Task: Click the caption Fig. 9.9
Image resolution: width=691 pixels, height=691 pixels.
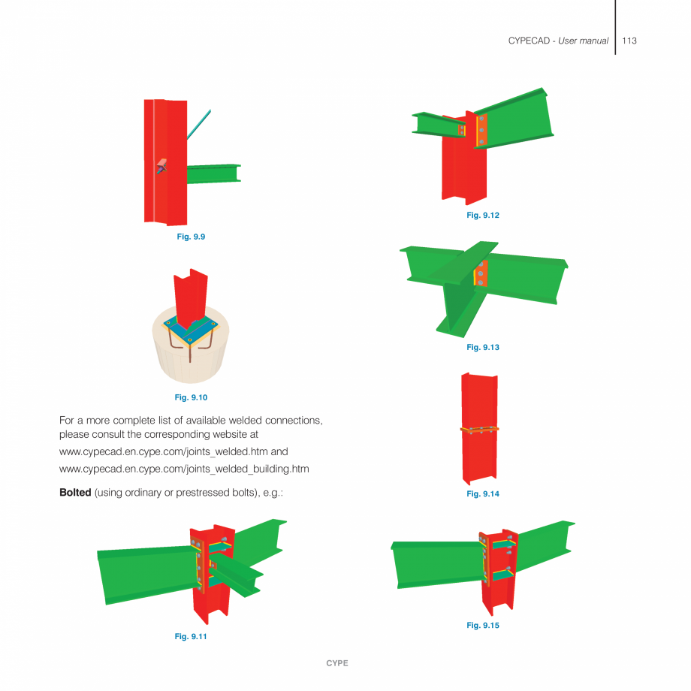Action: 190,237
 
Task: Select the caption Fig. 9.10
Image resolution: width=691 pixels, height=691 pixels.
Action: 190,397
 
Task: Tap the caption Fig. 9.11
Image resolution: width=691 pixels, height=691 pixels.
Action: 190,636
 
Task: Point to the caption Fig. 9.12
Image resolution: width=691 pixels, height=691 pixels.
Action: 482,216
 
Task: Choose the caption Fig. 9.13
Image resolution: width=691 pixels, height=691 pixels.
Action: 482,347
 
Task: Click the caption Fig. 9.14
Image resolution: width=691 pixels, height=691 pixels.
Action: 482,493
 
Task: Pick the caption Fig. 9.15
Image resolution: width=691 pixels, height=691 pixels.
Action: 482,625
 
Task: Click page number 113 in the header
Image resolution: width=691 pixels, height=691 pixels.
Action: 629,41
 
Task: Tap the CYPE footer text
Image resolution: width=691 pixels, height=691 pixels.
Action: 336,663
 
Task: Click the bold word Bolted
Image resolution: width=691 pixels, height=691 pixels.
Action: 75,493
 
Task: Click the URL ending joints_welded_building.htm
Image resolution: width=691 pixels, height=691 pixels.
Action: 184,469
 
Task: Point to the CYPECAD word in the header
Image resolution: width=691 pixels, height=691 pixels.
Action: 530,41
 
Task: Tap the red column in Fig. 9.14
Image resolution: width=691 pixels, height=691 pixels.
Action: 478,458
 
